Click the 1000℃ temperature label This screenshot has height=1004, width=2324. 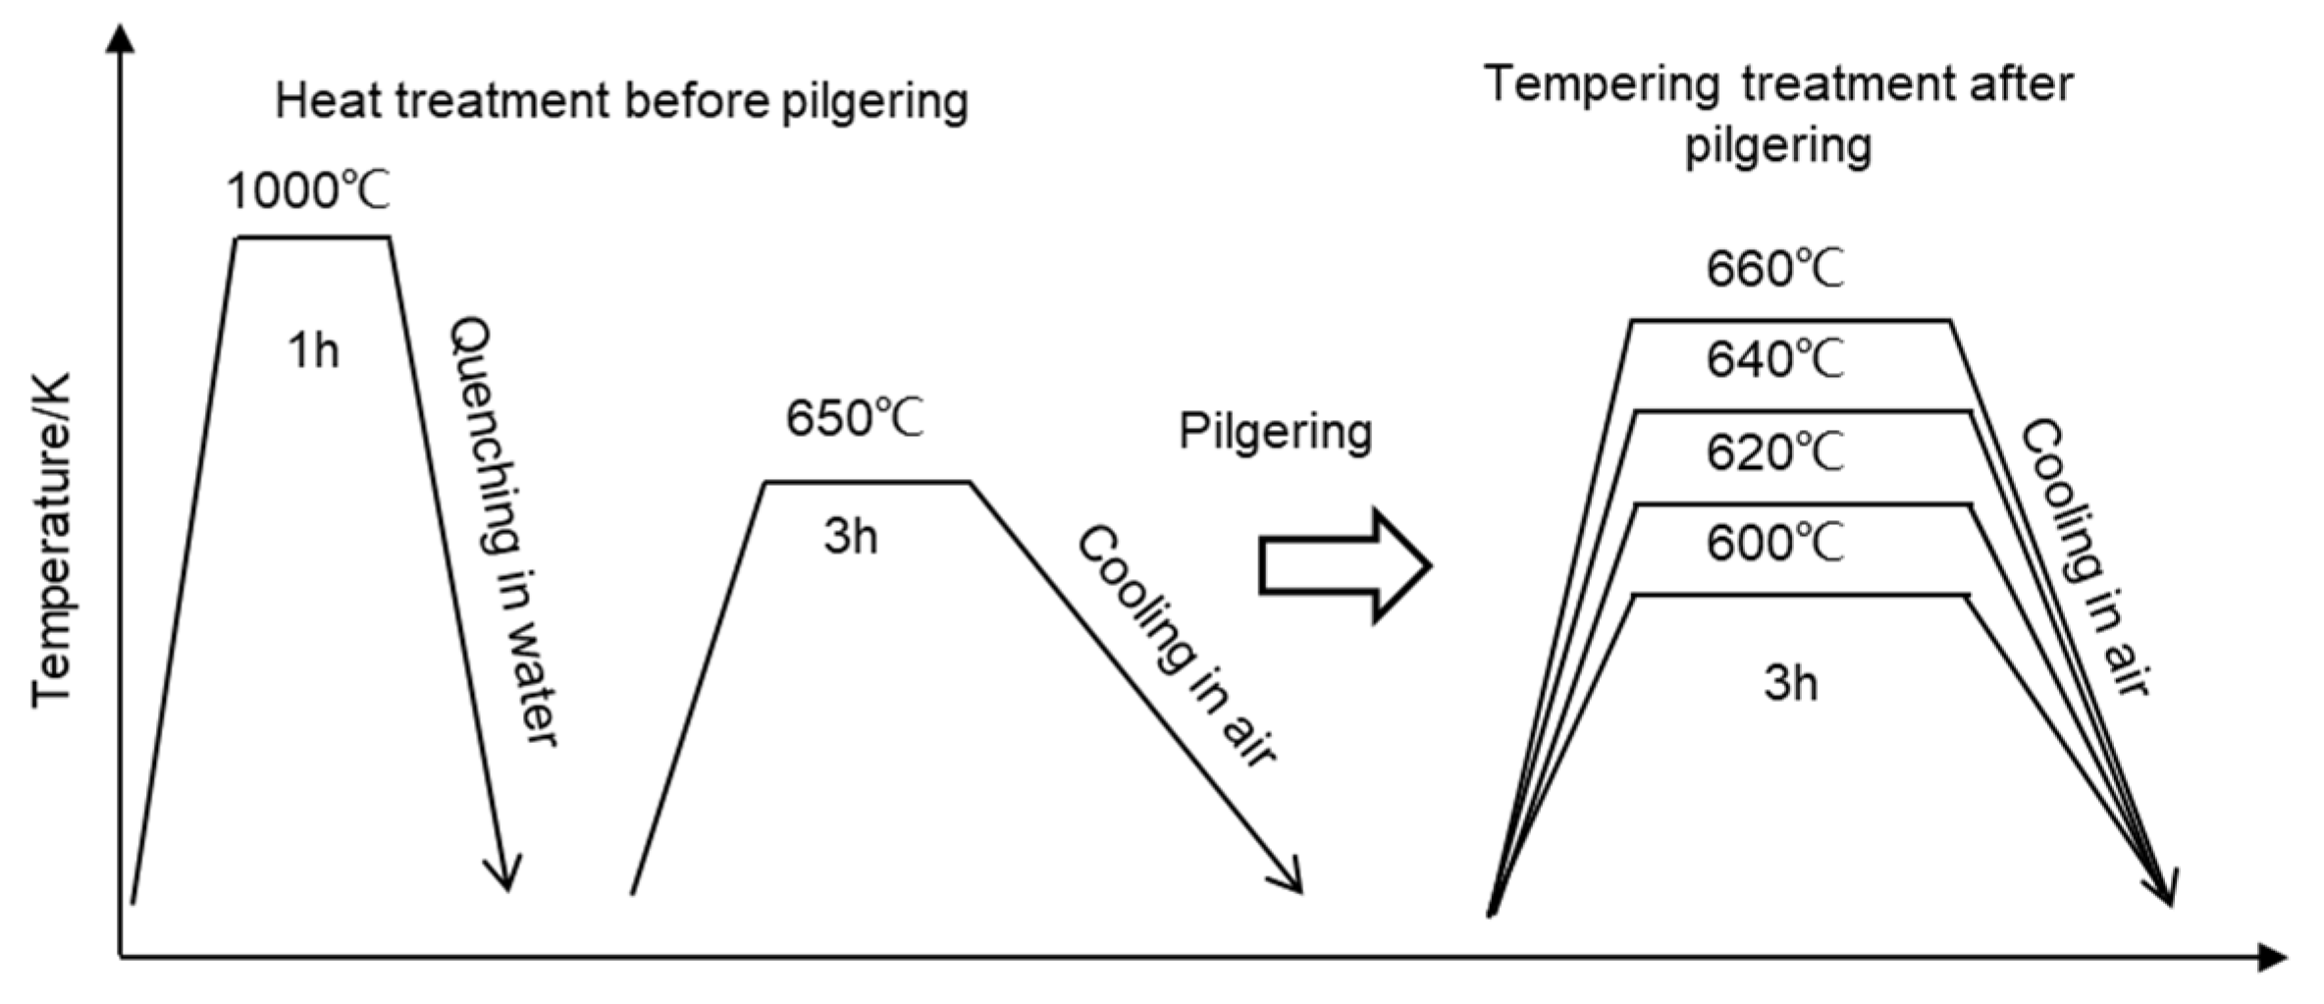[308, 190]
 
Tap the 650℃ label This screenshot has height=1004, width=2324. [854, 419]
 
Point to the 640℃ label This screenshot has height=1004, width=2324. [1774, 360]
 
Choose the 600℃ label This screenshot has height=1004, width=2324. [1774, 544]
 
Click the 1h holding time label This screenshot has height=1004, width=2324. [313, 351]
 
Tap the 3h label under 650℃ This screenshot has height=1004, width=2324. [851, 537]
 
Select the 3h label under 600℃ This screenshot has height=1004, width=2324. [1790, 683]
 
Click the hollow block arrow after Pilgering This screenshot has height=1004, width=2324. [1345, 566]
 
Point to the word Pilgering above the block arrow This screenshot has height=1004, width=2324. [1275, 432]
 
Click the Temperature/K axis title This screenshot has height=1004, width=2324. [53, 539]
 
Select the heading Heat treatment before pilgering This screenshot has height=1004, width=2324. [621, 102]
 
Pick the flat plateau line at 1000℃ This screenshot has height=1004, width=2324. [312, 238]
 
